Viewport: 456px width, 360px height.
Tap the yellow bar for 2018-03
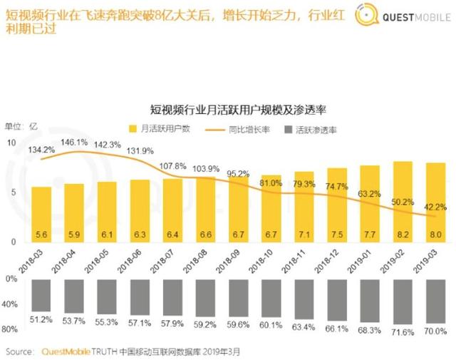coord(41,214)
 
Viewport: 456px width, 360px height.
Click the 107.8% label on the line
coord(173,166)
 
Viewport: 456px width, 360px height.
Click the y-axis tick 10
coord(11,143)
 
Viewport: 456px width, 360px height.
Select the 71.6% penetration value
coord(403,333)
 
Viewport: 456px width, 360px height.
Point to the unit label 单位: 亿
coord(22,127)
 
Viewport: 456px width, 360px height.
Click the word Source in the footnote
coord(21,351)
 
